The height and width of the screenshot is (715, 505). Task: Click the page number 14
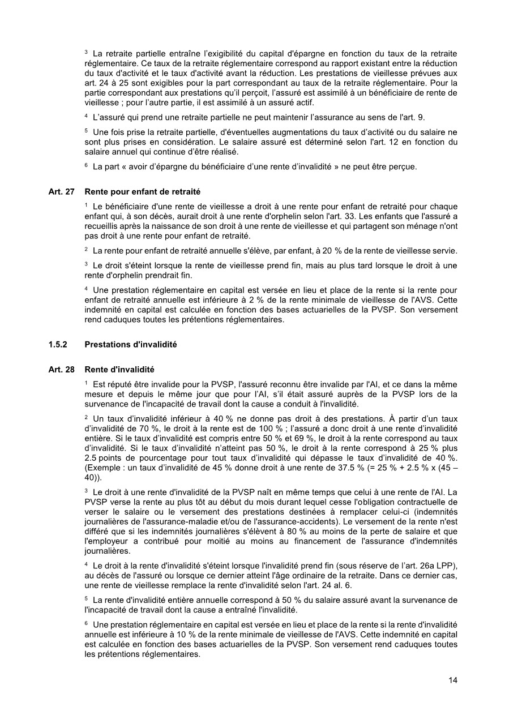coord(453,680)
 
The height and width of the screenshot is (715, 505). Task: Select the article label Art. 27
coord(62,191)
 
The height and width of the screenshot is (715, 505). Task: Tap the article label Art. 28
coord(62,369)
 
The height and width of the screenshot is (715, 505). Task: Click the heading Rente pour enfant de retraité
coord(142,191)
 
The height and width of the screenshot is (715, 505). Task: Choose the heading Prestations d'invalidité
coord(130,344)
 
